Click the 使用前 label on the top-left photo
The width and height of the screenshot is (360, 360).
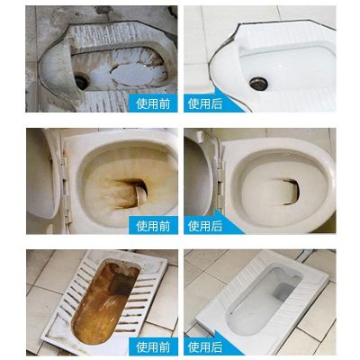click(153, 103)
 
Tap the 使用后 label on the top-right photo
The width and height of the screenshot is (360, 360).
click(205, 103)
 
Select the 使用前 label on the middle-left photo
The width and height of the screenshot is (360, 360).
click(153, 226)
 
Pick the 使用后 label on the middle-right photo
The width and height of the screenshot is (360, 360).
click(205, 226)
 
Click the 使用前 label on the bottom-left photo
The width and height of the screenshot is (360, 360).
click(153, 347)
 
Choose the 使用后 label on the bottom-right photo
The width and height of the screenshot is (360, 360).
click(205, 347)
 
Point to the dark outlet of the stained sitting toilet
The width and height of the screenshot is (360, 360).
click(139, 191)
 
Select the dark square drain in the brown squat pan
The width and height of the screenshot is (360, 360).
click(121, 283)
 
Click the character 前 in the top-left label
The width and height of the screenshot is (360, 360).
click(165, 103)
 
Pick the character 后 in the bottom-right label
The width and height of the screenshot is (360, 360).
click(217, 347)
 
